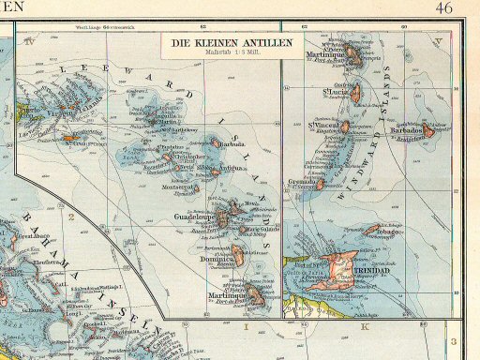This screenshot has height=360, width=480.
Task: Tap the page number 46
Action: coord(444,8)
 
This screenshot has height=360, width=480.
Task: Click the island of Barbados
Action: coord(428,131)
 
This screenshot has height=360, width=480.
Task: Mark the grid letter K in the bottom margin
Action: coord(362,329)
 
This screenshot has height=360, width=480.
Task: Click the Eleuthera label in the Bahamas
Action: coord(36,263)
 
